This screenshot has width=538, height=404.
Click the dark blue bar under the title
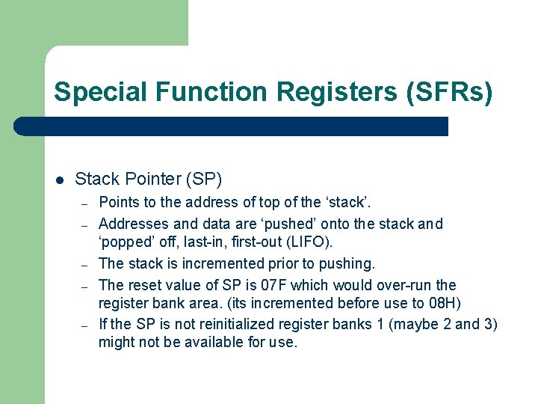232,126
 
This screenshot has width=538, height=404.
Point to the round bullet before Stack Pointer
60,180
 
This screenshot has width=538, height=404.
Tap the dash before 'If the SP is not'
86,325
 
